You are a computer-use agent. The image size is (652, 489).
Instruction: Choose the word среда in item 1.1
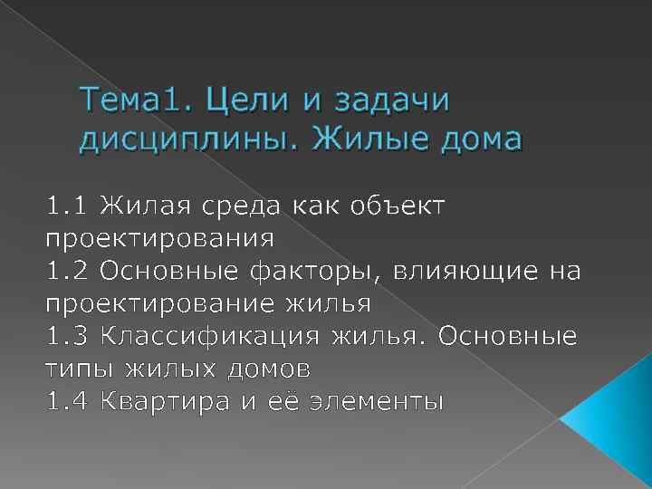(x=245, y=206)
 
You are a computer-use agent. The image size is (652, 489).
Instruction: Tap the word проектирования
(x=159, y=239)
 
